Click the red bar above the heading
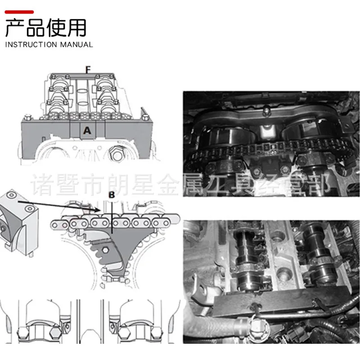pyautogui.click(x=19, y=12)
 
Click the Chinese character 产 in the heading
pyautogui.click(x=15, y=28)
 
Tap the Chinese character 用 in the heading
pyautogui.click(x=77, y=28)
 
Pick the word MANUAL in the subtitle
pyautogui.click(x=76, y=45)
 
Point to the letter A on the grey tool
pyautogui.click(x=87, y=130)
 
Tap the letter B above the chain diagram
pyautogui.click(x=112, y=195)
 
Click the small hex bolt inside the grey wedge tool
pyautogui.click(x=105, y=250)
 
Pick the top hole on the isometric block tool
pyautogui.click(x=11, y=195)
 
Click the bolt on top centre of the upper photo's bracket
pyautogui.click(x=266, y=111)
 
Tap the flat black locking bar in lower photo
pyautogui.click(x=280, y=300)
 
